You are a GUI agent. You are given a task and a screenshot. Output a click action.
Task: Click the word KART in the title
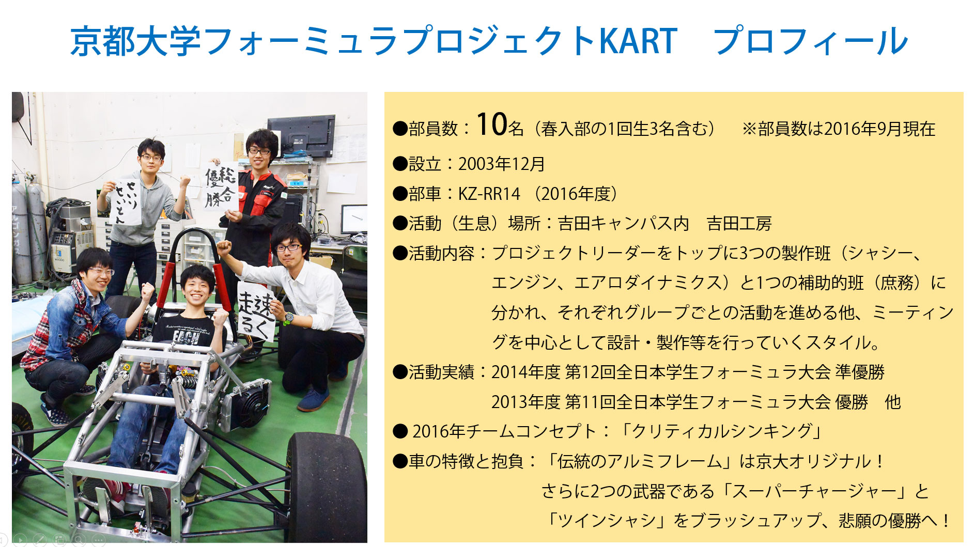click(638, 41)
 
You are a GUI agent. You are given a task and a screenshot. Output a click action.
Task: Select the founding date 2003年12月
click(502, 164)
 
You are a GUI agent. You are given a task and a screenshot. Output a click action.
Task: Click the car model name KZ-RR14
click(489, 194)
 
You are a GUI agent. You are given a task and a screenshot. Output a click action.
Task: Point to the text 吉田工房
click(739, 224)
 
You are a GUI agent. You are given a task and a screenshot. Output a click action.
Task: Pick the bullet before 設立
click(400, 164)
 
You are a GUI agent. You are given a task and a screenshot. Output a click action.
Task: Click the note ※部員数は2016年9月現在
click(838, 129)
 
